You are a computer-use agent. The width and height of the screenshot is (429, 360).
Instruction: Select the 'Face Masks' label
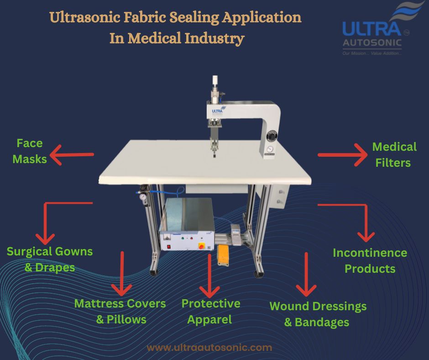[x=30, y=151]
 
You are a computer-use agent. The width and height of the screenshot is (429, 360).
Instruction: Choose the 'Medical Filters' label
[x=394, y=154]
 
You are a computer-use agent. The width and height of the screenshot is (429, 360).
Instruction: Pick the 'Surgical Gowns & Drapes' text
[x=49, y=259]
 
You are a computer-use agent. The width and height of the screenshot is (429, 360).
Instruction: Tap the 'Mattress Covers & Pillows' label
[x=120, y=311]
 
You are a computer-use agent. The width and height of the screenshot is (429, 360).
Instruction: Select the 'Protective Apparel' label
[x=210, y=311]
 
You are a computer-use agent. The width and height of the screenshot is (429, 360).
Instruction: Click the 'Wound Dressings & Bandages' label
[x=318, y=314]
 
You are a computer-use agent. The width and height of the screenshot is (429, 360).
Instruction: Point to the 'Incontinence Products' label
[x=370, y=260]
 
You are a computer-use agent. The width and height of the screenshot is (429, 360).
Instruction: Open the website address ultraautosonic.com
[x=209, y=347]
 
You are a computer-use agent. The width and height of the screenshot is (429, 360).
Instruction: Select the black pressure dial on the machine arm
[x=272, y=137]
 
